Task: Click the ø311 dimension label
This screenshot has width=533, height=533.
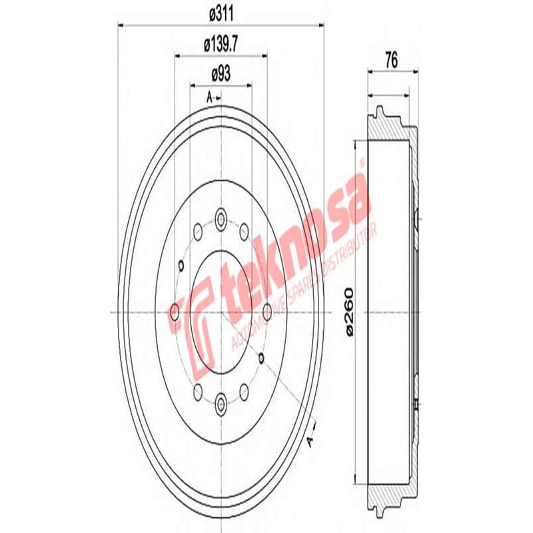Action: point(220,12)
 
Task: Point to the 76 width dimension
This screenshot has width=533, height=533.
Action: point(391,60)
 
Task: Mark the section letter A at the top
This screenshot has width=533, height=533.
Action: point(209,98)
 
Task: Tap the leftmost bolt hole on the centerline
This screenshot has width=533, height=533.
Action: point(175,310)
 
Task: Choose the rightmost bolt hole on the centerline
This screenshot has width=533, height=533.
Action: point(268,310)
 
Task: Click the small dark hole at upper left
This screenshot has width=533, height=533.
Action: point(181,266)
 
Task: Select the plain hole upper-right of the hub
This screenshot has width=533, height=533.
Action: point(244,231)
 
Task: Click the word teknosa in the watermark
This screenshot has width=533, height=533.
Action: point(293,247)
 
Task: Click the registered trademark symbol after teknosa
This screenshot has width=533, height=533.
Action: point(362,164)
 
